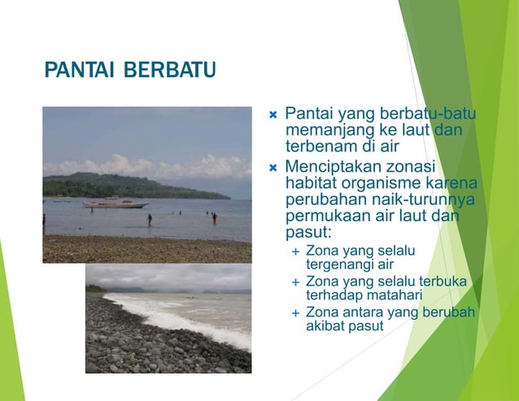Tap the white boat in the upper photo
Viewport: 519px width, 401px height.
click(x=116, y=203)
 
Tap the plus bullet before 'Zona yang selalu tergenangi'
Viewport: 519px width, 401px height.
click(x=295, y=251)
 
